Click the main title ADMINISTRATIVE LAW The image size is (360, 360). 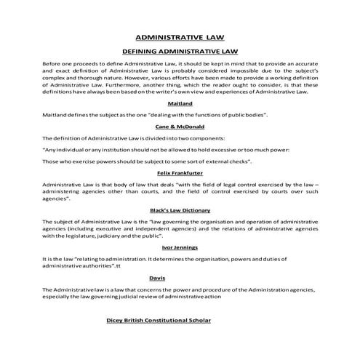tap(180, 37)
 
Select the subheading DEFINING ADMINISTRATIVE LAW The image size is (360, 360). tap(180, 52)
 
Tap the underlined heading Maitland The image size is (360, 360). tap(180, 105)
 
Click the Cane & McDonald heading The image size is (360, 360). tap(180, 127)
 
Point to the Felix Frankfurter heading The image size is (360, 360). tap(180, 173)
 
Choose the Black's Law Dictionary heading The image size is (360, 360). tap(180, 209)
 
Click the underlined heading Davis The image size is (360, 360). tap(180, 278)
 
